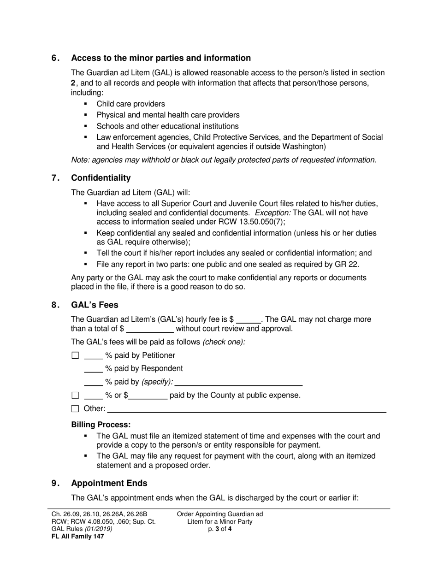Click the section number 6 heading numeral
point(54,58)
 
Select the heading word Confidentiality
point(101,178)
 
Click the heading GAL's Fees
point(95,305)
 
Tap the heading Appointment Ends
point(109,483)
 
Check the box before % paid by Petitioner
point(76,356)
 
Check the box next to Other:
point(76,408)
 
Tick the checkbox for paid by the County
point(76,396)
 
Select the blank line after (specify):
point(239,383)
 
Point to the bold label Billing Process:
point(101,425)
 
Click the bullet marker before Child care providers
point(86,104)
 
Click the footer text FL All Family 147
point(78,537)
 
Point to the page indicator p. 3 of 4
point(219,529)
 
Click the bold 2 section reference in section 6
point(73,83)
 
